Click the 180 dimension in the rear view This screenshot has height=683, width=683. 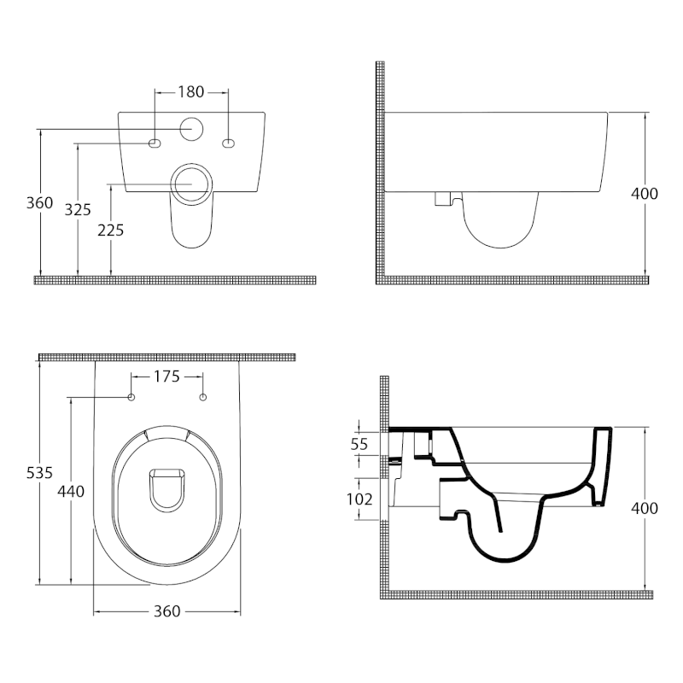coord(190,90)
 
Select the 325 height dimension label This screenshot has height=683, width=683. coord(78,210)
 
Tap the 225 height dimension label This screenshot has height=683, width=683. coord(110,230)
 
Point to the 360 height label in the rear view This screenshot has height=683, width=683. coord(39,203)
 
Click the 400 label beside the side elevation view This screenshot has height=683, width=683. coord(644,194)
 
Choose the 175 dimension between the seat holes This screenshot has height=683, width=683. coord(166,377)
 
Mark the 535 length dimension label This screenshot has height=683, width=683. coord(39,472)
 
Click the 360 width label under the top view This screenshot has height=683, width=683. coord(166,611)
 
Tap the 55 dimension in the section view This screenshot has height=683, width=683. coord(359,444)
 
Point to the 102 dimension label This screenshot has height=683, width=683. coord(359,499)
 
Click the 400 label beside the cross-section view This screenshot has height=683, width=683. coord(644,508)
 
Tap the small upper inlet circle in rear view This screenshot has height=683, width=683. coord(191,129)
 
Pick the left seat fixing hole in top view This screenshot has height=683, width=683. coord(131,397)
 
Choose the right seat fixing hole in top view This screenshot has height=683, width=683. coord(202,397)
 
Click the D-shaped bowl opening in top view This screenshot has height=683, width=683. coord(166,488)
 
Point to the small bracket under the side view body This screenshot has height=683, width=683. coord(441,199)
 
